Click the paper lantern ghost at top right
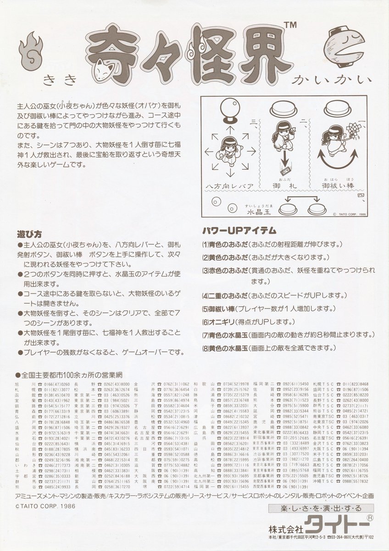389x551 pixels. point(350,47)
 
